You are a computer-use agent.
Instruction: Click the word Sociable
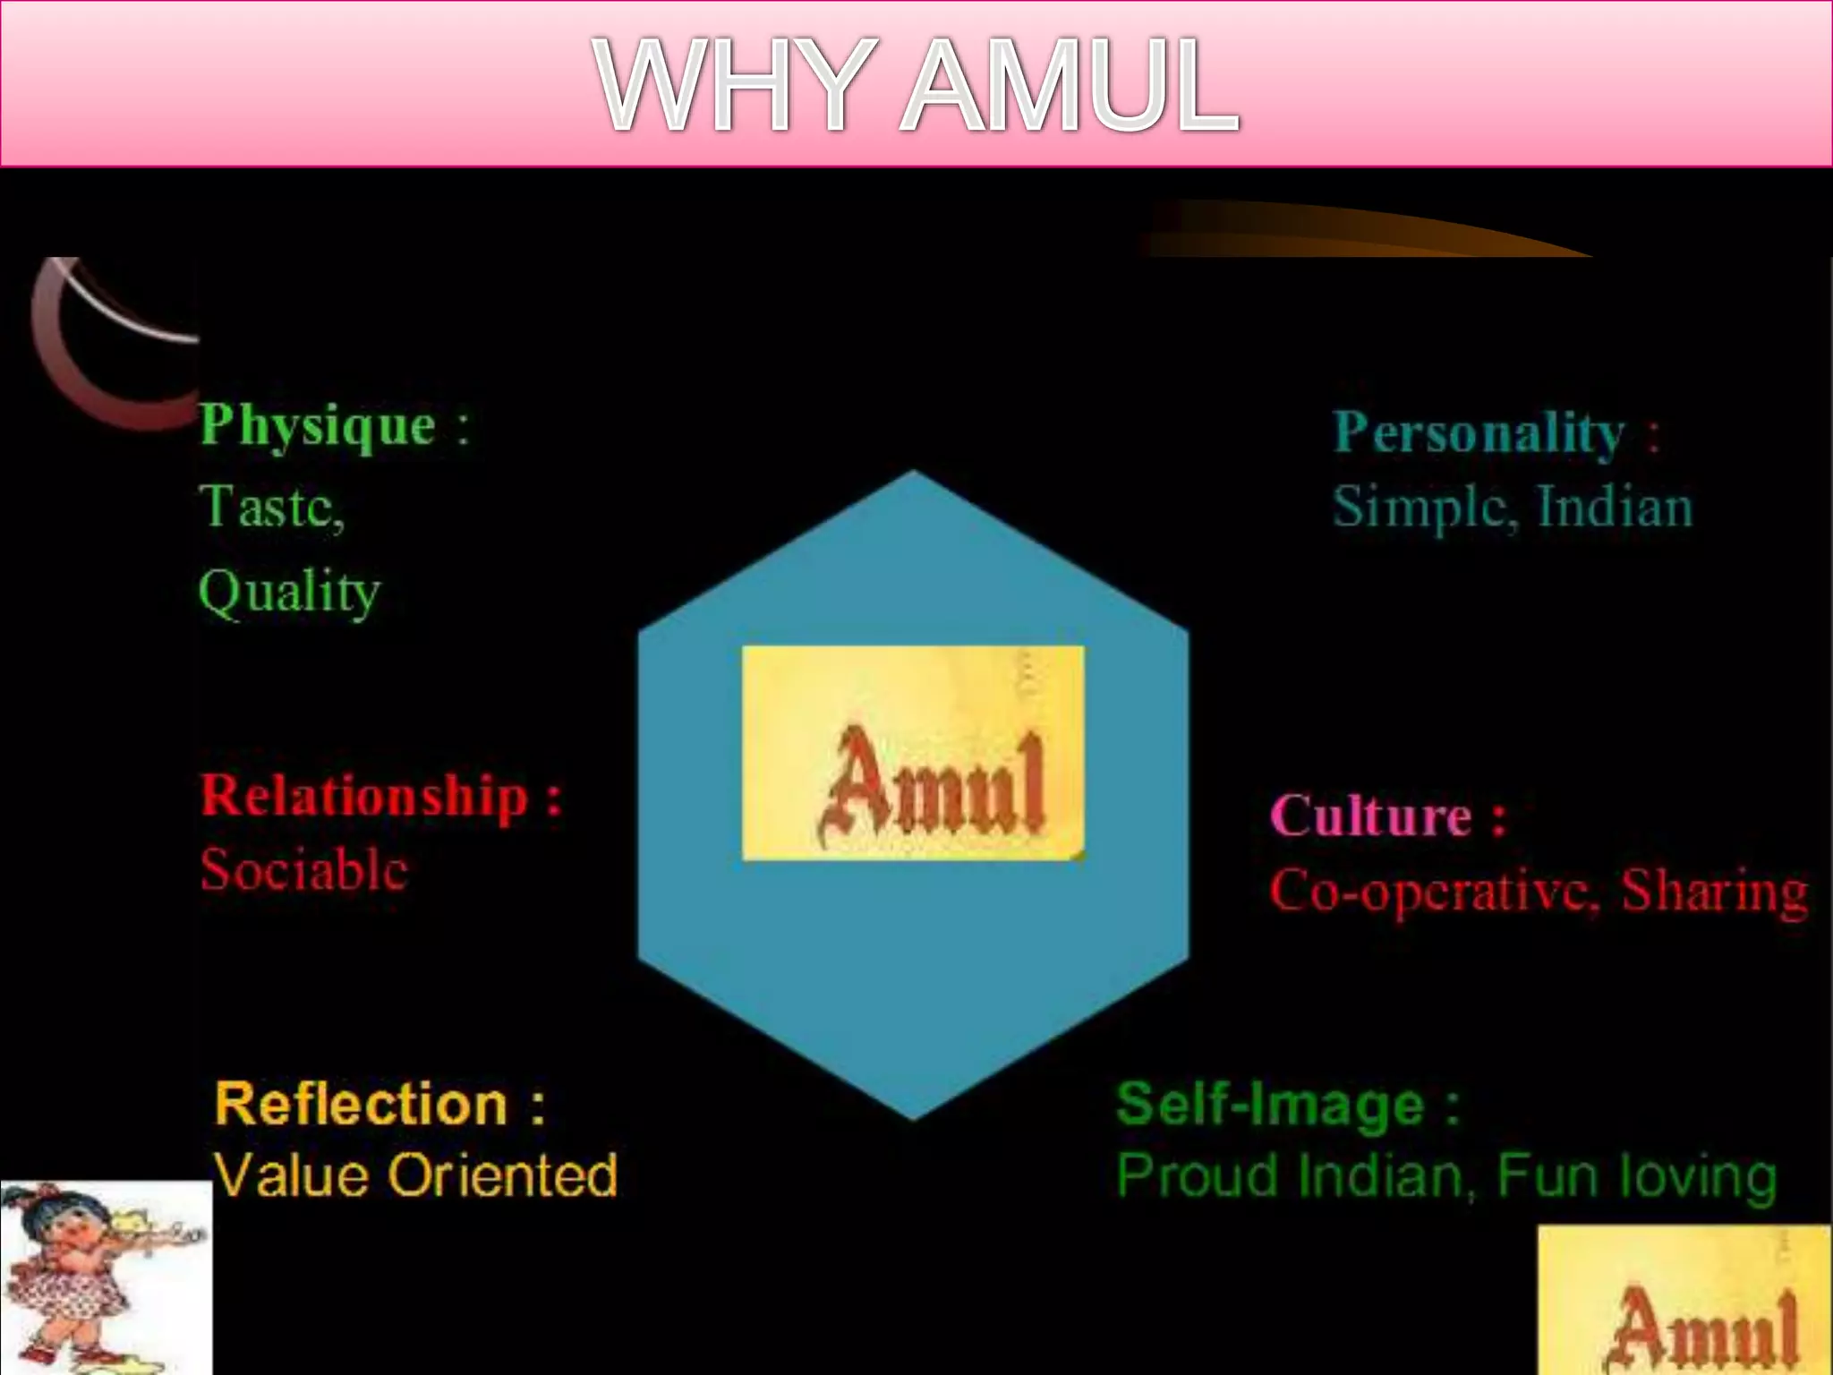tap(304, 870)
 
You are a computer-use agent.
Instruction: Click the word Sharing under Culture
tap(1714, 892)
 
